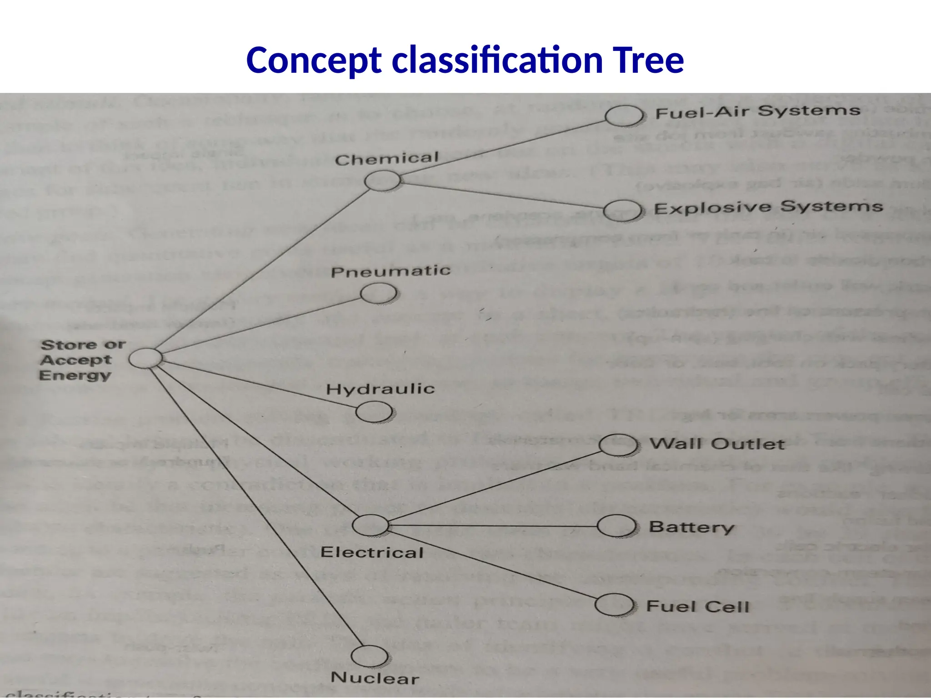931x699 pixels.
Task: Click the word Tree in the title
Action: click(x=647, y=61)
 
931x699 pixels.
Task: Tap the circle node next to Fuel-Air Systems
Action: click(x=624, y=116)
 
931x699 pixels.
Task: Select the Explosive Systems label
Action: click(x=768, y=207)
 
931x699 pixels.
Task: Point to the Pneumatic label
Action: click(x=390, y=272)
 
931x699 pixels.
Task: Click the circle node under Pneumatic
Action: click(x=378, y=293)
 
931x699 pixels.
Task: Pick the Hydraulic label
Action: click(x=380, y=389)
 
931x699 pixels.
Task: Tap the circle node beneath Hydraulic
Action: click(x=374, y=412)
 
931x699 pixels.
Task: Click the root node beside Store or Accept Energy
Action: click(x=145, y=358)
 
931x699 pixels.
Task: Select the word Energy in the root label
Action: click(x=75, y=375)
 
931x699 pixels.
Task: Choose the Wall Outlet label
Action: click(x=717, y=444)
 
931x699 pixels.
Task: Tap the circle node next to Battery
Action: click(x=616, y=526)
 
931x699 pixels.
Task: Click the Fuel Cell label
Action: click(x=697, y=606)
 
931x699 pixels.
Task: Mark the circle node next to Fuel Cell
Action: click(x=614, y=605)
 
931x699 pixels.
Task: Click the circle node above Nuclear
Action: click(x=370, y=656)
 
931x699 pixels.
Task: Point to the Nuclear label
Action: click(x=375, y=678)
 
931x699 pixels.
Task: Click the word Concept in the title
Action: click(x=314, y=61)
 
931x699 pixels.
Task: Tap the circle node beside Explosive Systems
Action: click(x=622, y=211)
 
